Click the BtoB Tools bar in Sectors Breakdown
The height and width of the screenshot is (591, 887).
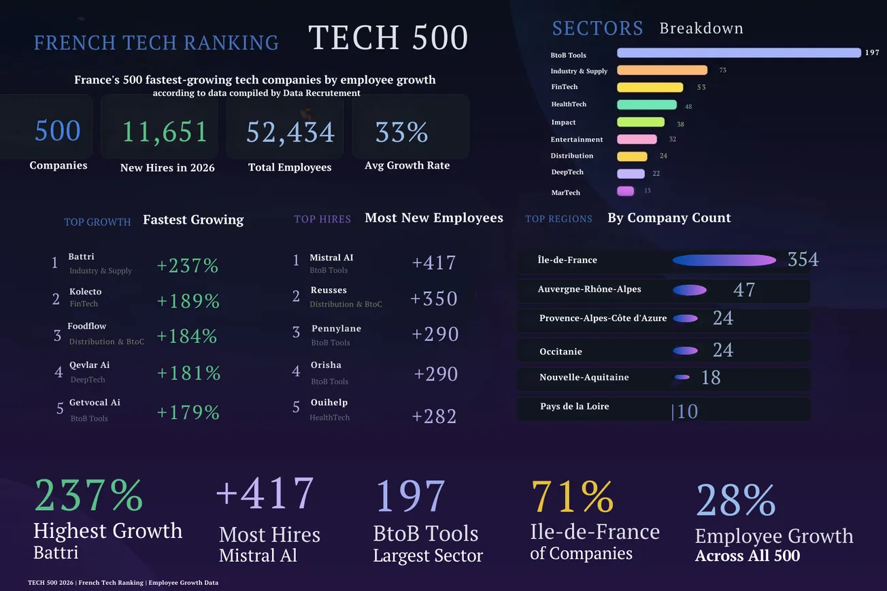pyautogui.click(x=739, y=53)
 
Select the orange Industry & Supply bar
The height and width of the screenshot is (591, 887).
pyautogui.click(x=662, y=70)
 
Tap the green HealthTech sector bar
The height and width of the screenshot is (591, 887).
pyautogui.click(x=647, y=105)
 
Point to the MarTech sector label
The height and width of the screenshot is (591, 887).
pyautogui.click(x=566, y=193)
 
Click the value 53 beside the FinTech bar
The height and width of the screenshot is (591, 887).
pyautogui.click(x=701, y=87)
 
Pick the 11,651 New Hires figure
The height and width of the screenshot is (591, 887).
pyautogui.click(x=165, y=131)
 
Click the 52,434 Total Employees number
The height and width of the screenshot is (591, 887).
pyautogui.click(x=290, y=133)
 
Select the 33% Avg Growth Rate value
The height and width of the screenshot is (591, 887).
pyautogui.click(x=401, y=132)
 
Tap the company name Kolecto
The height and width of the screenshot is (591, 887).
pyautogui.click(x=85, y=292)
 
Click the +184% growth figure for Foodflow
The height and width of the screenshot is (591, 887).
pyautogui.click(x=187, y=336)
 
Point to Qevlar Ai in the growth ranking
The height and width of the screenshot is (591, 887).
pyautogui.click(x=89, y=365)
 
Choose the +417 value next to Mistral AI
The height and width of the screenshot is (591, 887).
pyautogui.click(x=433, y=263)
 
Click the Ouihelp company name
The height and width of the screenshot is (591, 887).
pyautogui.click(x=329, y=403)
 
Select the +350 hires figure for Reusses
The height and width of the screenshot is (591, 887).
pyautogui.click(x=433, y=299)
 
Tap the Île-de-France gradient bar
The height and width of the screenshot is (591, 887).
pyautogui.click(x=724, y=260)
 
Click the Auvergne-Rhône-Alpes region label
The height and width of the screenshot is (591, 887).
pyautogui.click(x=589, y=289)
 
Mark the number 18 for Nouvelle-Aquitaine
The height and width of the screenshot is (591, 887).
pyautogui.click(x=711, y=377)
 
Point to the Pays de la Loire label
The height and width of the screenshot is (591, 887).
pyautogui.click(x=575, y=407)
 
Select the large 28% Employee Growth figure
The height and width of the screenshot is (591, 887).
pyautogui.click(x=735, y=501)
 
